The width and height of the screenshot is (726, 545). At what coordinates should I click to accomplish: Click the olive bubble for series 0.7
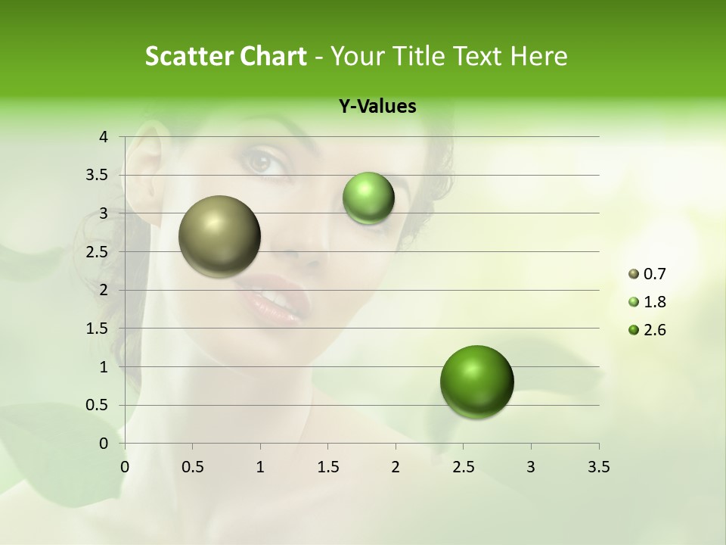tap(220, 236)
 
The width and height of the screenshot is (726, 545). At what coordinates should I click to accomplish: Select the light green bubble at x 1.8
tap(368, 198)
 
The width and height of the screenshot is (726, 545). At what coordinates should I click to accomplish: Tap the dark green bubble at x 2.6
tap(476, 381)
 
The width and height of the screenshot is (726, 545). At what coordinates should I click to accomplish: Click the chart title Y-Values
tap(377, 107)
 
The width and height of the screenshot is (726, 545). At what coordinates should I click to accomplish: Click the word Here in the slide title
tap(538, 56)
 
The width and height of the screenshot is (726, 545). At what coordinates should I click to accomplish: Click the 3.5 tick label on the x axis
tap(598, 467)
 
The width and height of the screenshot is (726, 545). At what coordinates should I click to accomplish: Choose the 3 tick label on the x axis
tap(531, 467)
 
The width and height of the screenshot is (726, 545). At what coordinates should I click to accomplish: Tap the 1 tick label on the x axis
tap(260, 467)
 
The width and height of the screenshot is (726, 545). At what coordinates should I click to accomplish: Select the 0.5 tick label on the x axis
tap(193, 467)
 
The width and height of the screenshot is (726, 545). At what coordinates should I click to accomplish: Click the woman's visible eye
tap(262, 160)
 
